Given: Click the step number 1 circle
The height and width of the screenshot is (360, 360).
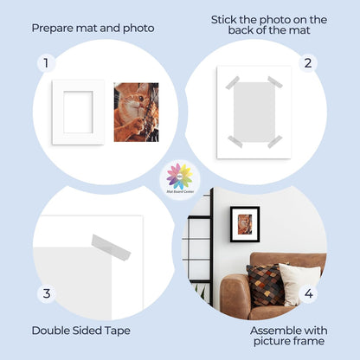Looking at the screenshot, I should (x=47, y=63).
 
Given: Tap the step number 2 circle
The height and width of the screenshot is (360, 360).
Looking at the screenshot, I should (x=306, y=63).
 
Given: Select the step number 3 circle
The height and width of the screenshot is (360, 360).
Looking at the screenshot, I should (x=47, y=293).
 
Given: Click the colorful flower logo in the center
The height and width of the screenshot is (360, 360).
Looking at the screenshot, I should (x=180, y=177).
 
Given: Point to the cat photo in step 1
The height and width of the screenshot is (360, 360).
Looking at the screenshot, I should (x=136, y=112).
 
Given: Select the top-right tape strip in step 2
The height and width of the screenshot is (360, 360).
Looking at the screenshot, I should (x=275, y=82).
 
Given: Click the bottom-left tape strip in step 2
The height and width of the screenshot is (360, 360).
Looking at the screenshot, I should (x=235, y=140).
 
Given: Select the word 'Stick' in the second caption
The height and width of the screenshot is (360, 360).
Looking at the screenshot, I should (x=228, y=19).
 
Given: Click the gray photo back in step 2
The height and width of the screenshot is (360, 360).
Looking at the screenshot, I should (x=254, y=111).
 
